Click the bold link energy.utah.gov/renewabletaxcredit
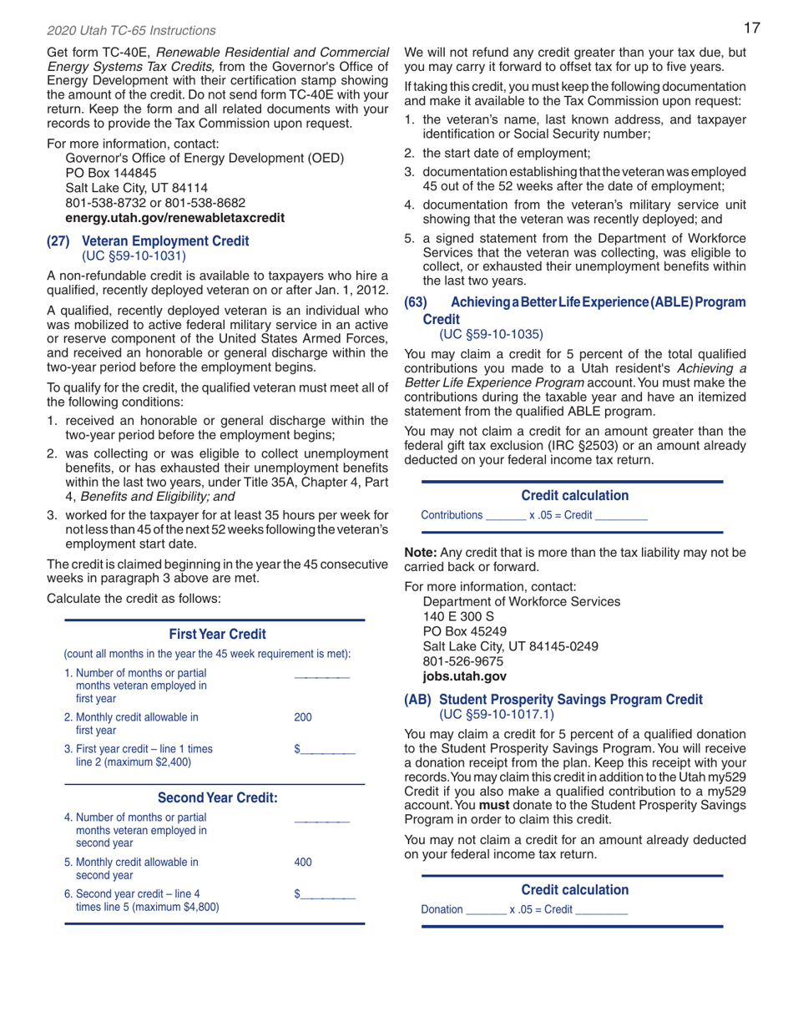174,218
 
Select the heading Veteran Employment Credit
165,241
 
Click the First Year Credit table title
217,635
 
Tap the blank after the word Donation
484,908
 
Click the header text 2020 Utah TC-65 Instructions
131,30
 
